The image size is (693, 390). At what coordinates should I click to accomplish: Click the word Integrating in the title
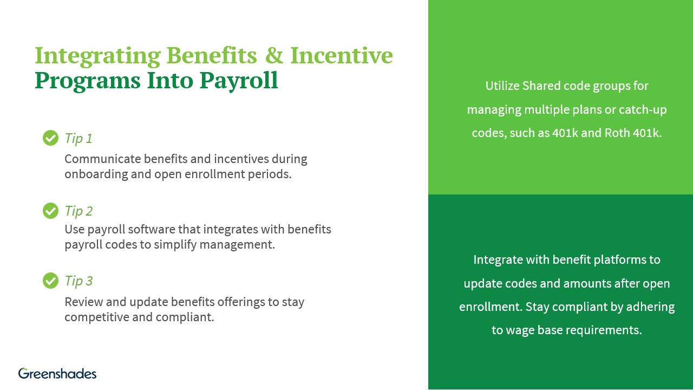(x=97, y=56)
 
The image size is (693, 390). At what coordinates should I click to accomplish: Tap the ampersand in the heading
(x=274, y=56)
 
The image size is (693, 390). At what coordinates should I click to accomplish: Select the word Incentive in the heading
(x=342, y=56)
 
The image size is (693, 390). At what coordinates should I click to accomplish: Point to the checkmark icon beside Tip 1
(x=50, y=138)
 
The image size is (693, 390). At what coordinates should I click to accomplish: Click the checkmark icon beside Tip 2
(x=50, y=211)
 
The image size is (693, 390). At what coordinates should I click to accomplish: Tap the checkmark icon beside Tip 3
(x=50, y=281)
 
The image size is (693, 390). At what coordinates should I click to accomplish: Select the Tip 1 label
(x=79, y=139)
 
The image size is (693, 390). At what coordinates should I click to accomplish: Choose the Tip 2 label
(x=79, y=211)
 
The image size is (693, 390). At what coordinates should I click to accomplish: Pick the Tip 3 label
(x=79, y=281)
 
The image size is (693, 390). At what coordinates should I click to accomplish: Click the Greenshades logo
(x=57, y=373)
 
